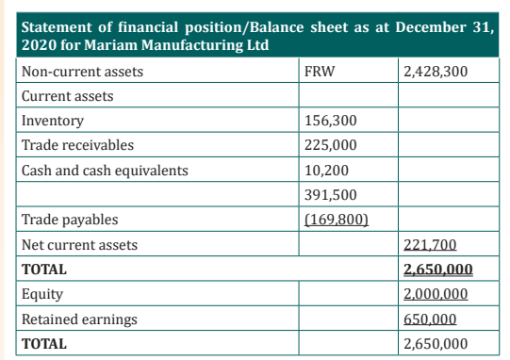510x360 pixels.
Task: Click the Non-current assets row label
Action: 82,72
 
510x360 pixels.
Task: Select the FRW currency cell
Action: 319,72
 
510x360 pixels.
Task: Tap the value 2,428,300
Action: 436,72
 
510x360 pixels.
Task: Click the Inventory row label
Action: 53,121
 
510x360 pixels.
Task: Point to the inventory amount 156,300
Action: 331,121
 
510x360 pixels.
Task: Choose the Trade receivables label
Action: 77,145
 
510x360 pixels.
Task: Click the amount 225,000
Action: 331,145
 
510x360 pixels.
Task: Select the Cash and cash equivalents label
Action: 105,171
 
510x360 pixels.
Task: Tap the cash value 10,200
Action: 326,171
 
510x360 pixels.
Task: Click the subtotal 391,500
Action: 331,195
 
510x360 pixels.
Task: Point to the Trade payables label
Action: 70,220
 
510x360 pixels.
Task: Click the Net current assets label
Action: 80,245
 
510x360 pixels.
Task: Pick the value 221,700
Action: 430,245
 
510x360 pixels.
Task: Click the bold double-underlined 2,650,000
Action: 438,270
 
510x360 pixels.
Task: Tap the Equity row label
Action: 42,294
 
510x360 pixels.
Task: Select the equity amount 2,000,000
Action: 436,294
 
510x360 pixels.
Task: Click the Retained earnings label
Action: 79,319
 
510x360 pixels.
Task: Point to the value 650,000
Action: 430,319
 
